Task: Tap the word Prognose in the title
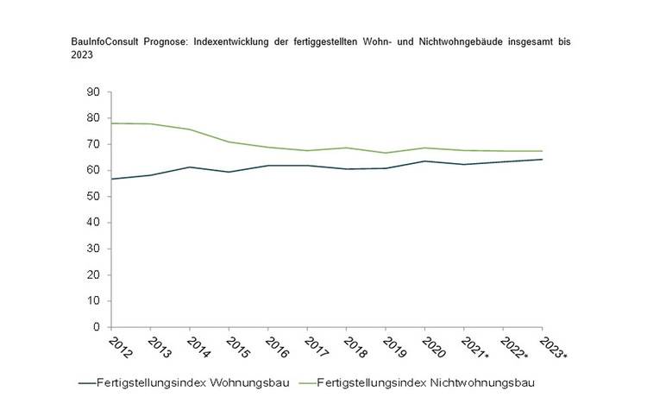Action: coord(160,41)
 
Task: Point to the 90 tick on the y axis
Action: coord(95,91)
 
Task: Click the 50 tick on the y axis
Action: coord(95,196)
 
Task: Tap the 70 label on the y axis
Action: coord(95,144)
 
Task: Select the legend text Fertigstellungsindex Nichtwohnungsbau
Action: coord(425,382)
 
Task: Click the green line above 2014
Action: coord(189,129)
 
